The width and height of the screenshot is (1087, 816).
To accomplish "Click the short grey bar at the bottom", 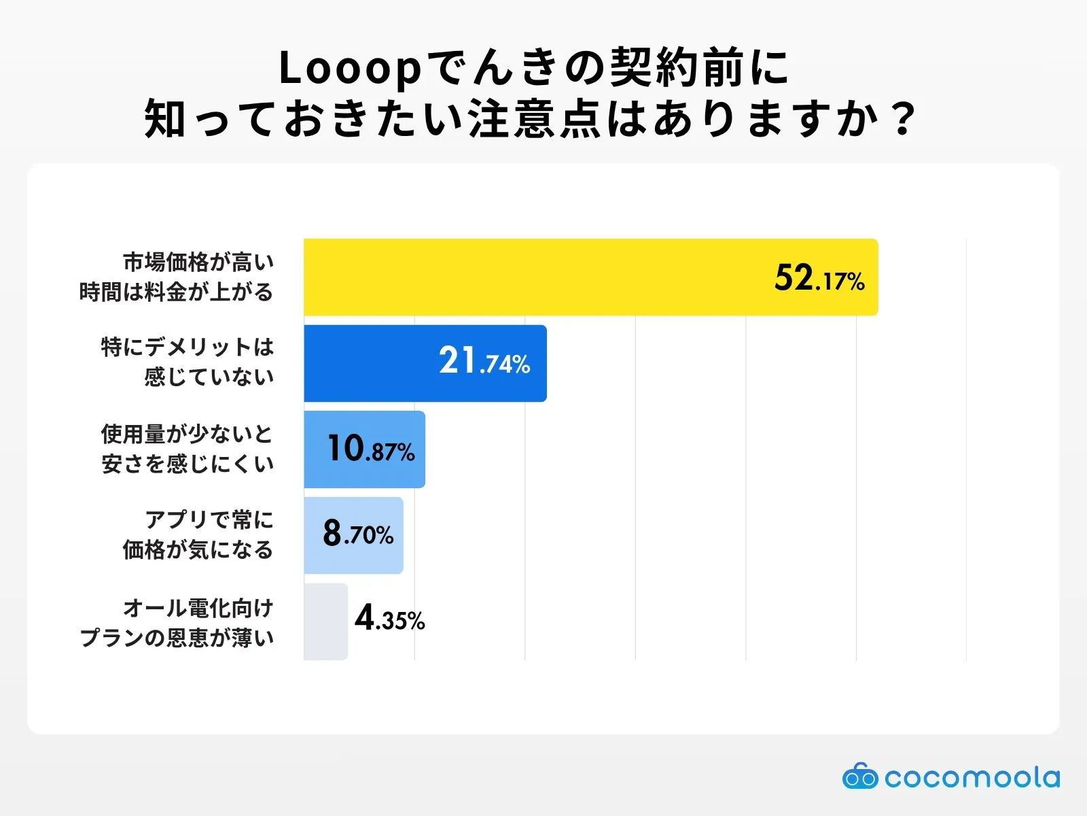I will click(325, 622).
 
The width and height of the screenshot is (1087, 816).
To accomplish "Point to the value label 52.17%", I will click(819, 278).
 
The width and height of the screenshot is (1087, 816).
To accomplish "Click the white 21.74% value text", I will click(484, 361).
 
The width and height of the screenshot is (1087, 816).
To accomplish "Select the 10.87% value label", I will click(371, 449).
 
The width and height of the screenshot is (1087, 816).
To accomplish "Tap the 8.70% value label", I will click(358, 534).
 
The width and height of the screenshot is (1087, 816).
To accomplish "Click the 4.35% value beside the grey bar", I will click(389, 619).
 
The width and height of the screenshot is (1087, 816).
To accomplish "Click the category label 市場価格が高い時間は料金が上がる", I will click(177, 277).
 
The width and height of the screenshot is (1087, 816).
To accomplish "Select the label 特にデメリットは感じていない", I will click(188, 362).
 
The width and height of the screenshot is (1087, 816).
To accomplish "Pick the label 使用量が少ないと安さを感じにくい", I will click(188, 449).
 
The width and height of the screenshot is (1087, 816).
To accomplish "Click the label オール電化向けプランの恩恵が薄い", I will click(177, 622).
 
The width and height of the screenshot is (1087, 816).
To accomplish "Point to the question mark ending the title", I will click(903, 120).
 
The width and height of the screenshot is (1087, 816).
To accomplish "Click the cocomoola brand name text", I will click(972, 777).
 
